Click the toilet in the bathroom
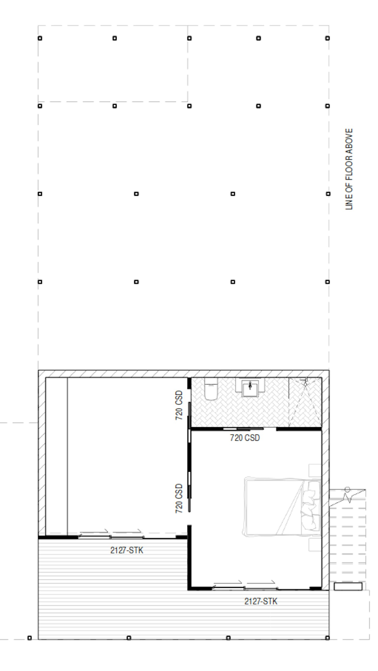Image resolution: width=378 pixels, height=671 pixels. [211, 389]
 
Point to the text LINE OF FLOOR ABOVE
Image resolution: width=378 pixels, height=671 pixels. [349, 169]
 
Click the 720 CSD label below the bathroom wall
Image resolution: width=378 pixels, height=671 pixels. [245, 438]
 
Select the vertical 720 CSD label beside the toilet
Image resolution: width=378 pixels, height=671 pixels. [179, 405]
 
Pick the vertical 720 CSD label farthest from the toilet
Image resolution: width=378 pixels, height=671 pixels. [179, 498]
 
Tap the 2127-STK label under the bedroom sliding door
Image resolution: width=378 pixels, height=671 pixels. [261, 601]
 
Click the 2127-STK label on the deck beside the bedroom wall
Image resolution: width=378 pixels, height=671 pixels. [127, 550]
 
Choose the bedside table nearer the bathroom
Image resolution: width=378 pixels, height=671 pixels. [315, 470]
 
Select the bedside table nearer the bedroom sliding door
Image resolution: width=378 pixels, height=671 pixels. [315, 544]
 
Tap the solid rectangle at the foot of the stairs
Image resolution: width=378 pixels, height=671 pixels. [348, 586]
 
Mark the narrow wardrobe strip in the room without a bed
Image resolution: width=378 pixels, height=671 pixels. [56, 456]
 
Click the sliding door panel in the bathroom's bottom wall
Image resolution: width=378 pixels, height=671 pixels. [243, 429]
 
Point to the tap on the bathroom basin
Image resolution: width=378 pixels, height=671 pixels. [250, 385]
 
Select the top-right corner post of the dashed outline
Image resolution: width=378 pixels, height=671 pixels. [328, 38]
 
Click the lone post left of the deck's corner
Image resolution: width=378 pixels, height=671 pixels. [30, 638]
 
